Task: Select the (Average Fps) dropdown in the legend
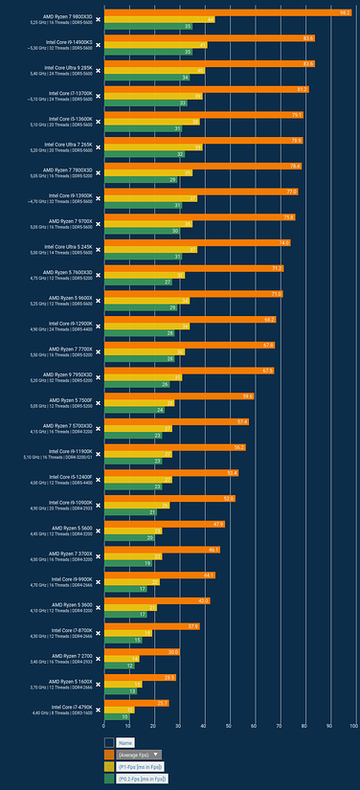(x=139, y=754)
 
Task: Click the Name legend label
(x=125, y=742)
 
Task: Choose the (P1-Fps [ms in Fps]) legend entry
(x=140, y=766)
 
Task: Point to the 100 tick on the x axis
(x=353, y=727)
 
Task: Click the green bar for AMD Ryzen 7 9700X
(x=143, y=231)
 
